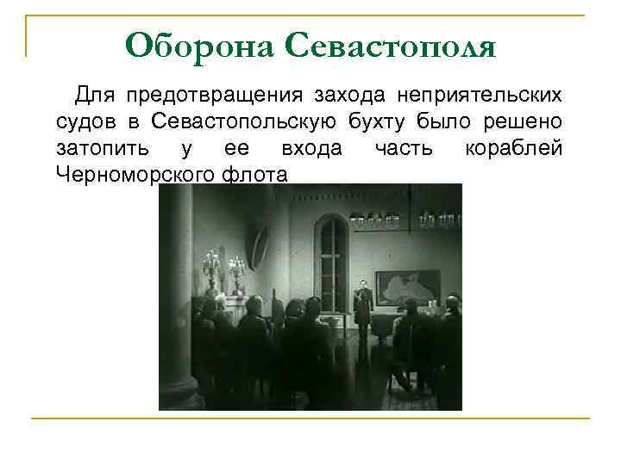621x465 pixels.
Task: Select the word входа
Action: point(311,147)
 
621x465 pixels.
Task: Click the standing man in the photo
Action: point(362,305)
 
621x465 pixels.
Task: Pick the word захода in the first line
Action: point(350,93)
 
